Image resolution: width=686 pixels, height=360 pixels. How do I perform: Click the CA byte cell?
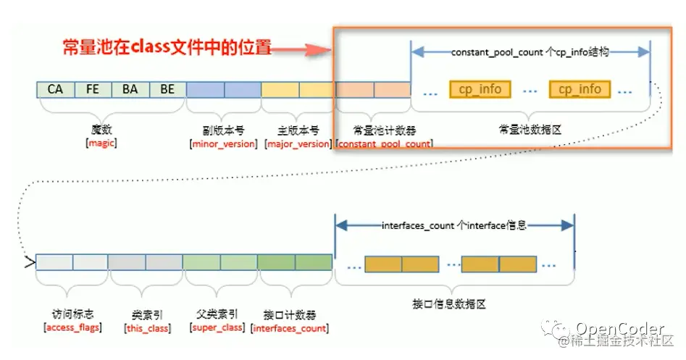click(x=55, y=89)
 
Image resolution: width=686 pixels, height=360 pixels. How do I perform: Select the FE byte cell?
click(x=93, y=89)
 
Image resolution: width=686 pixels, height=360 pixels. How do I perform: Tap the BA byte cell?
click(x=130, y=89)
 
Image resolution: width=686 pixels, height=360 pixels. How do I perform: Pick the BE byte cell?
click(x=167, y=89)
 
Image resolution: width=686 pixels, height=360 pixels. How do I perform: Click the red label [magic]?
click(x=101, y=143)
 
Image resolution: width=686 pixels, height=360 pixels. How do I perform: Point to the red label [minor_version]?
click(x=223, y=143)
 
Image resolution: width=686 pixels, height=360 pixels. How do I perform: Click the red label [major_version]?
click(x=298, y=143)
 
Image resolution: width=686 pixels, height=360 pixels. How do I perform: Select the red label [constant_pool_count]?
click(x=384, y=143)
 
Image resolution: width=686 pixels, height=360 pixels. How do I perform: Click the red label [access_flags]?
click(x=72, y=328)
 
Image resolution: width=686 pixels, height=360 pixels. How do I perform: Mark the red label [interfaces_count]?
click(x=290, y=328)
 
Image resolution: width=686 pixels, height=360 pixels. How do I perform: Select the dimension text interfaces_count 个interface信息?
click(x=454, y=226)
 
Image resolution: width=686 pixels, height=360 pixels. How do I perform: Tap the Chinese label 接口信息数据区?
click(x=454, y=304)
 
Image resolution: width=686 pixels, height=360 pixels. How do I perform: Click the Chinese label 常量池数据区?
click(x=531, y=130)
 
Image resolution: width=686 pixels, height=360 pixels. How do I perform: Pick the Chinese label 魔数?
click(x=101, y=130)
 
